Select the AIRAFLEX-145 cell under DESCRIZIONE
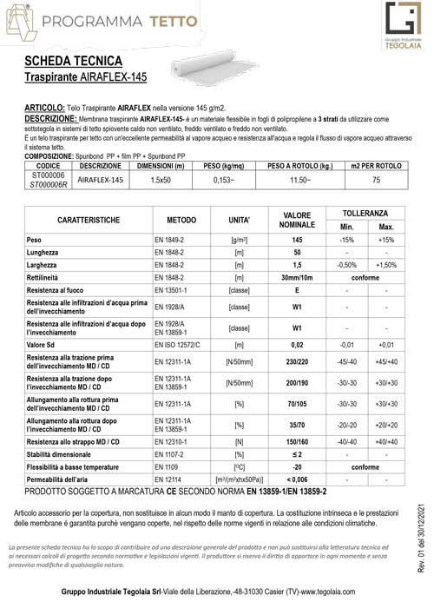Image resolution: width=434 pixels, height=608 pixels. pyautogui.click(x=102, y=180)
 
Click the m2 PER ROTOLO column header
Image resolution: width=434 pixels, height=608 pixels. pyautogui.click(x=375, y=165)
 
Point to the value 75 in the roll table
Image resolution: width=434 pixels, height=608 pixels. pyautogui.click(x=375, y=180)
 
